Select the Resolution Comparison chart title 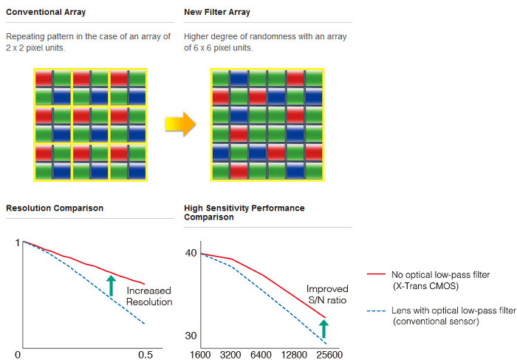point(55,208)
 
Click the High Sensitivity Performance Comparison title point(244,213)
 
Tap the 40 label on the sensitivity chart point(191,254)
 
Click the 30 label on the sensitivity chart point(191,336)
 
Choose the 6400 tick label point(262,355)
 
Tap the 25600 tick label point(330,355)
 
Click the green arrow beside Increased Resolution point(111,285)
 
